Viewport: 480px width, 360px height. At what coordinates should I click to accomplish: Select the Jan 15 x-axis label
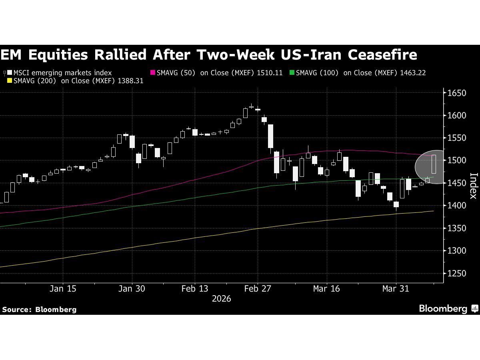63,289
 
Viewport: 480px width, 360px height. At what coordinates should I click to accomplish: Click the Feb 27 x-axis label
258,289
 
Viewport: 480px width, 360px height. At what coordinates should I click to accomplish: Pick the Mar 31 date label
396,289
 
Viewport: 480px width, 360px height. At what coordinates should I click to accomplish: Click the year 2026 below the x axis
221,299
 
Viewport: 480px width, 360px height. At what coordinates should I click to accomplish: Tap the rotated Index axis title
473,186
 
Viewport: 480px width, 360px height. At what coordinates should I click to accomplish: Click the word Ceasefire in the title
382,54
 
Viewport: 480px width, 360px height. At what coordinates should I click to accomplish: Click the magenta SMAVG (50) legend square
152,73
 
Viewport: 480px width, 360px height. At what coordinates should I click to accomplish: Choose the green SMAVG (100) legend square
292,73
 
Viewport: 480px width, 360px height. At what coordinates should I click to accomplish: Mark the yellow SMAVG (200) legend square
10,81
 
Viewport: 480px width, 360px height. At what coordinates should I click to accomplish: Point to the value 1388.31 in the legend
130,81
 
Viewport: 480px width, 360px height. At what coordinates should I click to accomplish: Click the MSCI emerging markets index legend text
62,73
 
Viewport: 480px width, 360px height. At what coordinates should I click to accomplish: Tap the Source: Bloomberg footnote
39,309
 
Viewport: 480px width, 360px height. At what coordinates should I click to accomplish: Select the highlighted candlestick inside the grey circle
434,164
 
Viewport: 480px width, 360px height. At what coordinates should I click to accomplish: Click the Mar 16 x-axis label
326,289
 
